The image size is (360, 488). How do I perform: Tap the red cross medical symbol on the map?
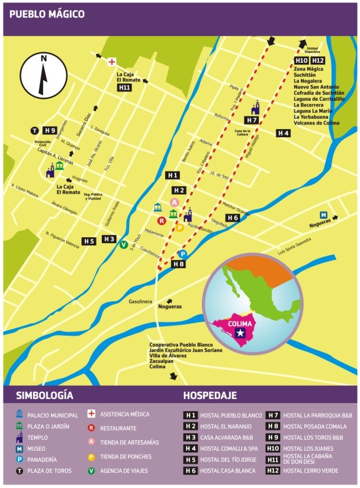tap(112, 61)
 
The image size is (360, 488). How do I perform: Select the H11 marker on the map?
tap(124, 87)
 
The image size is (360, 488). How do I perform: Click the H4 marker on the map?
tap(283, 133)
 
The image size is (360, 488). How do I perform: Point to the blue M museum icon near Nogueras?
tap(324, 215)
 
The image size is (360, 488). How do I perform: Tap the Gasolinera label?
tap(140, 302)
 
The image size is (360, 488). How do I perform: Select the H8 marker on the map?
tap(179, 264)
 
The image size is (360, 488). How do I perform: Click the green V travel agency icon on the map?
tap(123, 245)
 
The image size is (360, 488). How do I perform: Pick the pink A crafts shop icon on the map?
tap(173, 202)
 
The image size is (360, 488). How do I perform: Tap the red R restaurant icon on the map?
tap(162, 220)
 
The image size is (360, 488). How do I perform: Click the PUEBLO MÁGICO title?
tap(47, 14)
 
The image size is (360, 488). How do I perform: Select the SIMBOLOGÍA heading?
tap(41, 396)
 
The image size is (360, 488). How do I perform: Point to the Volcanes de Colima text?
tap(316, 123)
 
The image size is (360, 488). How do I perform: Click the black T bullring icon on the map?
tap(35, 130)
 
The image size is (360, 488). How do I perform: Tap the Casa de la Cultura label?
tap(243, 133)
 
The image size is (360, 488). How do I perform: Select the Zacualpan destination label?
tap(162, 361)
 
